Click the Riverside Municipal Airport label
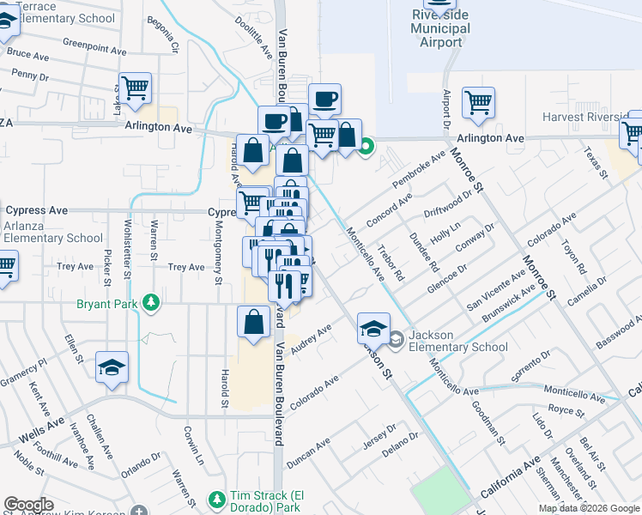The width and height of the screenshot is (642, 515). tap(440, 28)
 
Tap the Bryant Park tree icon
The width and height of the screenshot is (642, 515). tap(152, 302)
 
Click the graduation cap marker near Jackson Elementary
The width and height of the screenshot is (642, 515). tap(374, 329)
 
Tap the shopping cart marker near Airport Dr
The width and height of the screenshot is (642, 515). tap(478, 102)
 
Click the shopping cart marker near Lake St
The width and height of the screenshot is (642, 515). tap(135, 88)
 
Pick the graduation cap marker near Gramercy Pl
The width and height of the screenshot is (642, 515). tap(112, 368)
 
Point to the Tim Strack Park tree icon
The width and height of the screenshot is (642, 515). tap(216, 499)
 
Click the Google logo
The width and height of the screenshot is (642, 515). tap(28, 505)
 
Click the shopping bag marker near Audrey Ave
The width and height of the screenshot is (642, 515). tap(254, 323)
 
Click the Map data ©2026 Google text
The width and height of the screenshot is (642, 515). tap(588, 508)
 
